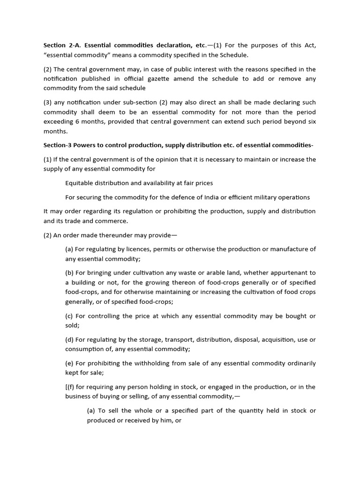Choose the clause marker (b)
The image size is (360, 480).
pyautogui.click(x=70, y=273)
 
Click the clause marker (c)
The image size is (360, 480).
pyautogui.click(x=69, y=316)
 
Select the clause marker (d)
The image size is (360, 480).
pyautogui.click(x=70, y=339)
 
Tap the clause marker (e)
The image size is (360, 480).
pyautogui.click(x=70, y=363)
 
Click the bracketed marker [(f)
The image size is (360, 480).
pyautogui.click(x=70, y=387)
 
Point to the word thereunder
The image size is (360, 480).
pyautogui.click(x=114, y=235)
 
